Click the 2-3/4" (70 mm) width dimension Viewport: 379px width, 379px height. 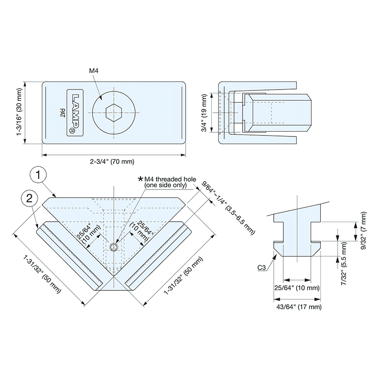[112, 162]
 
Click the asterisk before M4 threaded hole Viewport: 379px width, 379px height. [140, 179]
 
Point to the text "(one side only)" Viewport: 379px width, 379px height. [165, 185]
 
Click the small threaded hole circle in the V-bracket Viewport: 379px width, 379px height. [114, 247]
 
